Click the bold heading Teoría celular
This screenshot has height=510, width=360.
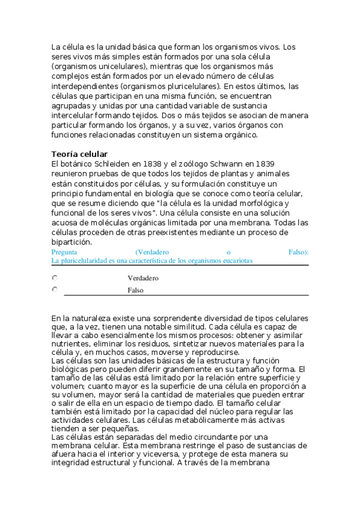coord(79,155)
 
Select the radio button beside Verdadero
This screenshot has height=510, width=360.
coord(55,278)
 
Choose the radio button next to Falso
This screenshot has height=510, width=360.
coord(55,289)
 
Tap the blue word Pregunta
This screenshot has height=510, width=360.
coord(64,252)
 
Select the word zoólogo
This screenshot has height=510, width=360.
coord(188,164)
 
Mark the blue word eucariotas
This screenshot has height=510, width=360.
coord(236,261)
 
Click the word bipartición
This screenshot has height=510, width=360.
coord(72,242)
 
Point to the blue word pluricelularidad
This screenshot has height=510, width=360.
coord(82,261)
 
